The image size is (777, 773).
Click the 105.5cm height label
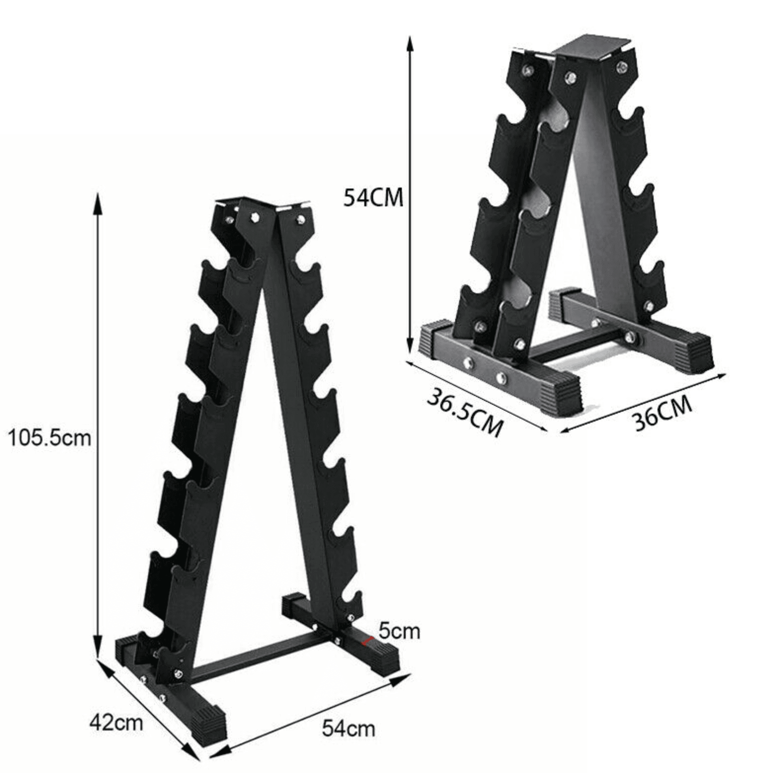[50, 437]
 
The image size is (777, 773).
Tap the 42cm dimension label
[116, 723]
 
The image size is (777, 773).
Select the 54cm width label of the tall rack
[349, 728]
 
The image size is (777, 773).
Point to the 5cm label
[399, 631]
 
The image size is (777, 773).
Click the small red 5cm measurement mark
[368, 641]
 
